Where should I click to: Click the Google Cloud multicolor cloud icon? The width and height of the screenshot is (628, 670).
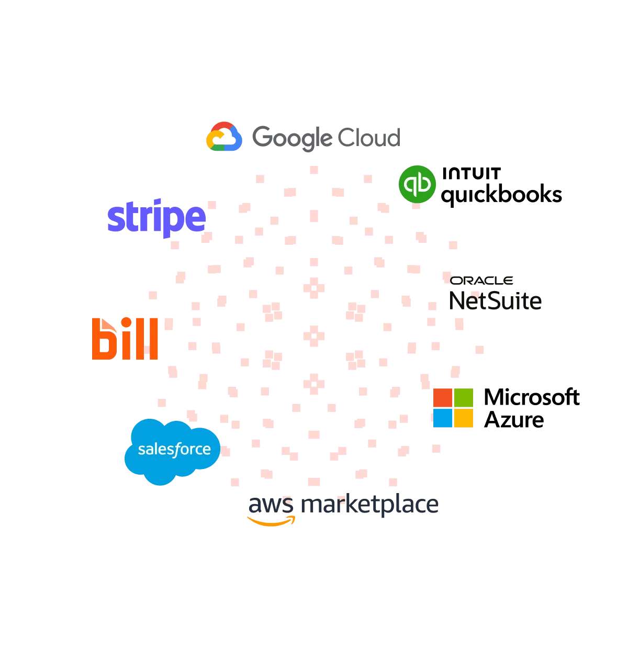(224, 137)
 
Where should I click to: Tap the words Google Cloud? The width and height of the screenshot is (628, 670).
(326, 138)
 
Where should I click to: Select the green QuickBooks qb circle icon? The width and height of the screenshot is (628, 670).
(417, 184)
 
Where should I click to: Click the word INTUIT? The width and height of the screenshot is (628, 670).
(471, 173)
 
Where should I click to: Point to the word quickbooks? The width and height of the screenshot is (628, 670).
(501, 195)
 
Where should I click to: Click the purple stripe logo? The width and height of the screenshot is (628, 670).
(156, 218)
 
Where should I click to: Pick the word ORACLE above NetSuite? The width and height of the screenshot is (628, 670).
(481, 281)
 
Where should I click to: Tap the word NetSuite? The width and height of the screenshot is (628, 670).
(495, 301)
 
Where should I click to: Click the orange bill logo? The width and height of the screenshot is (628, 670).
(125, 339)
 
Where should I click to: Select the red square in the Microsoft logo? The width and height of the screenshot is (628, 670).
(443, 397)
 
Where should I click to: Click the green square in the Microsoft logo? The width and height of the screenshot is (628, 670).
(463, 397)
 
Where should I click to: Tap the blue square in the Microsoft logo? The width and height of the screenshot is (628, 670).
(443, 418)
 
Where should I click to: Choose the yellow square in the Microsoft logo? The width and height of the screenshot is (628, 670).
(463, 418)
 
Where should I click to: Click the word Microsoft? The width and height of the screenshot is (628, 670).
(532, 397)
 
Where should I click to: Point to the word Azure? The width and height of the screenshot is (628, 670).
(514, 420)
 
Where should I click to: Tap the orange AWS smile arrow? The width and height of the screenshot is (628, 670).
(271, 521)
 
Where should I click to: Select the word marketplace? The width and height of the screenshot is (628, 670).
(369, 505)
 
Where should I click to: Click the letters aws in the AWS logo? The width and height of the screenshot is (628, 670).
(271, 505)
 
